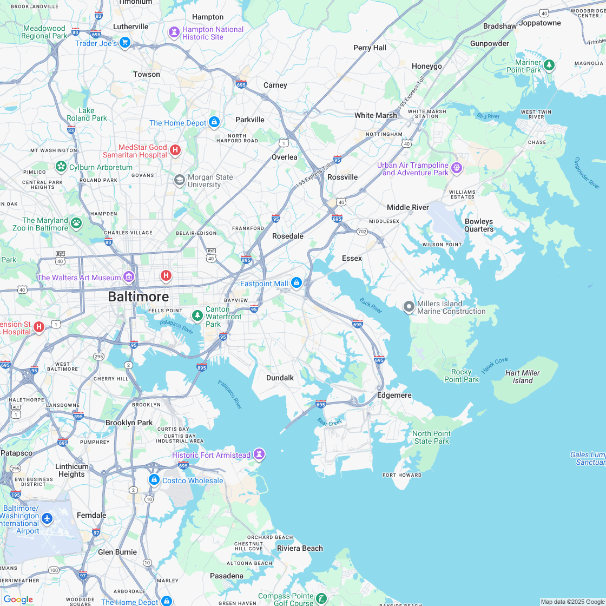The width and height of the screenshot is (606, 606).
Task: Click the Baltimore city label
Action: pos(138,297)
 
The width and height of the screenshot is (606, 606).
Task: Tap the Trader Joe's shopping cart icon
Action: pos(125,42)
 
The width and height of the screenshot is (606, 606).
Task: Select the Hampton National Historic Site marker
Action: pos(174,32)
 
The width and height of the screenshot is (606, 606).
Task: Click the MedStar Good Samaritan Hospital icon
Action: pos(175,150)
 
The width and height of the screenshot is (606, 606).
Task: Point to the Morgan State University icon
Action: pos(179,180)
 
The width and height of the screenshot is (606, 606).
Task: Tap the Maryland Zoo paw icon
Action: pos(76,223)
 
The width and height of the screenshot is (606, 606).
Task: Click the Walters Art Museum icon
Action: pos(129,278)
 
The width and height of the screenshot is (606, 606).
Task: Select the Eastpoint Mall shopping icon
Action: pos(296,283)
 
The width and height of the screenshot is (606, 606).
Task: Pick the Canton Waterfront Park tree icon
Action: pos(197,315)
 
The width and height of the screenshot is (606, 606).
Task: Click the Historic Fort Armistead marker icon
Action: pos(260,454)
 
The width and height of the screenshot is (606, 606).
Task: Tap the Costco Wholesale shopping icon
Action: pos(154,480)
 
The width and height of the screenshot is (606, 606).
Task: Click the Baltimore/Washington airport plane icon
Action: pos(47,519)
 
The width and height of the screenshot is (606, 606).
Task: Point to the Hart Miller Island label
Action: pos(523,377)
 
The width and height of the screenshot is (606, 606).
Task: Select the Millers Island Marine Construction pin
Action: pos(409,307)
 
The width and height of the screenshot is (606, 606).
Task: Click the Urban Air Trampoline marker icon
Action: pos(457,168)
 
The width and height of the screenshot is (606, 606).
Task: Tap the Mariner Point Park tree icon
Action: pos(549,65)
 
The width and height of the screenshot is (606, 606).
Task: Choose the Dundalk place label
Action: pos(280,378)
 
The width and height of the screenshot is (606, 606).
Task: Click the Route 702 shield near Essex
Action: pos(362,231)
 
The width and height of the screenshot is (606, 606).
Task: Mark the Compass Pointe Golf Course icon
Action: pos(322,598)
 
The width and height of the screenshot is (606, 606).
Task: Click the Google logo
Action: pos(18,599)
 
